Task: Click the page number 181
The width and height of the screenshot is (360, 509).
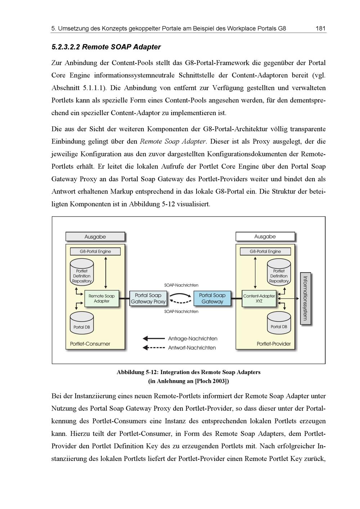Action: (x=320, y=28)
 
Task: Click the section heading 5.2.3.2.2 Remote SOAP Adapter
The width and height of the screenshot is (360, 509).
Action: (x=106, y=47)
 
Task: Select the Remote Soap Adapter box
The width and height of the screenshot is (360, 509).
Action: (x=102, y=299)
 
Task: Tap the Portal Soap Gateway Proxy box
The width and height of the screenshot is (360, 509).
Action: (x=148, y=299)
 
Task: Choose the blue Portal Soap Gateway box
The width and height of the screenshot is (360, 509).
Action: (x=212, y=299)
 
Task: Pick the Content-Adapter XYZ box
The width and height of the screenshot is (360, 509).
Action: (x=259, y=299)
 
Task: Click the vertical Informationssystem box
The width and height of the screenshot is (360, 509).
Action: (x=305, y=298)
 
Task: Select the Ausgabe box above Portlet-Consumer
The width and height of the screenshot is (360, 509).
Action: (x=95, y=237)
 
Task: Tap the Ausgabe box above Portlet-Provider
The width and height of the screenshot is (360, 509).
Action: (x=265, y=237)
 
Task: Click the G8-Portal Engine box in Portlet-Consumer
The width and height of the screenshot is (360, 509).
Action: (x=95, y=251)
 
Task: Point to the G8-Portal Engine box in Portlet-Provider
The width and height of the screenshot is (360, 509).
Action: (x=265, y=251)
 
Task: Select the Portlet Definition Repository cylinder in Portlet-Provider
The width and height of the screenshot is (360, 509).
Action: (x=279, y=273)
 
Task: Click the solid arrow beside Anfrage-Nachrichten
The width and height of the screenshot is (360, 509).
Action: (x=154, y=338)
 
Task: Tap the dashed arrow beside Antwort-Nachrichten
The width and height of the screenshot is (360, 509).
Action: (x=154, y=348)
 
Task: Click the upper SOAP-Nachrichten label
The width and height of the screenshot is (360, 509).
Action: (x=181, y=285)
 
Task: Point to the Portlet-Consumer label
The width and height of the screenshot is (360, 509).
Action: (x=90, y=344)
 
